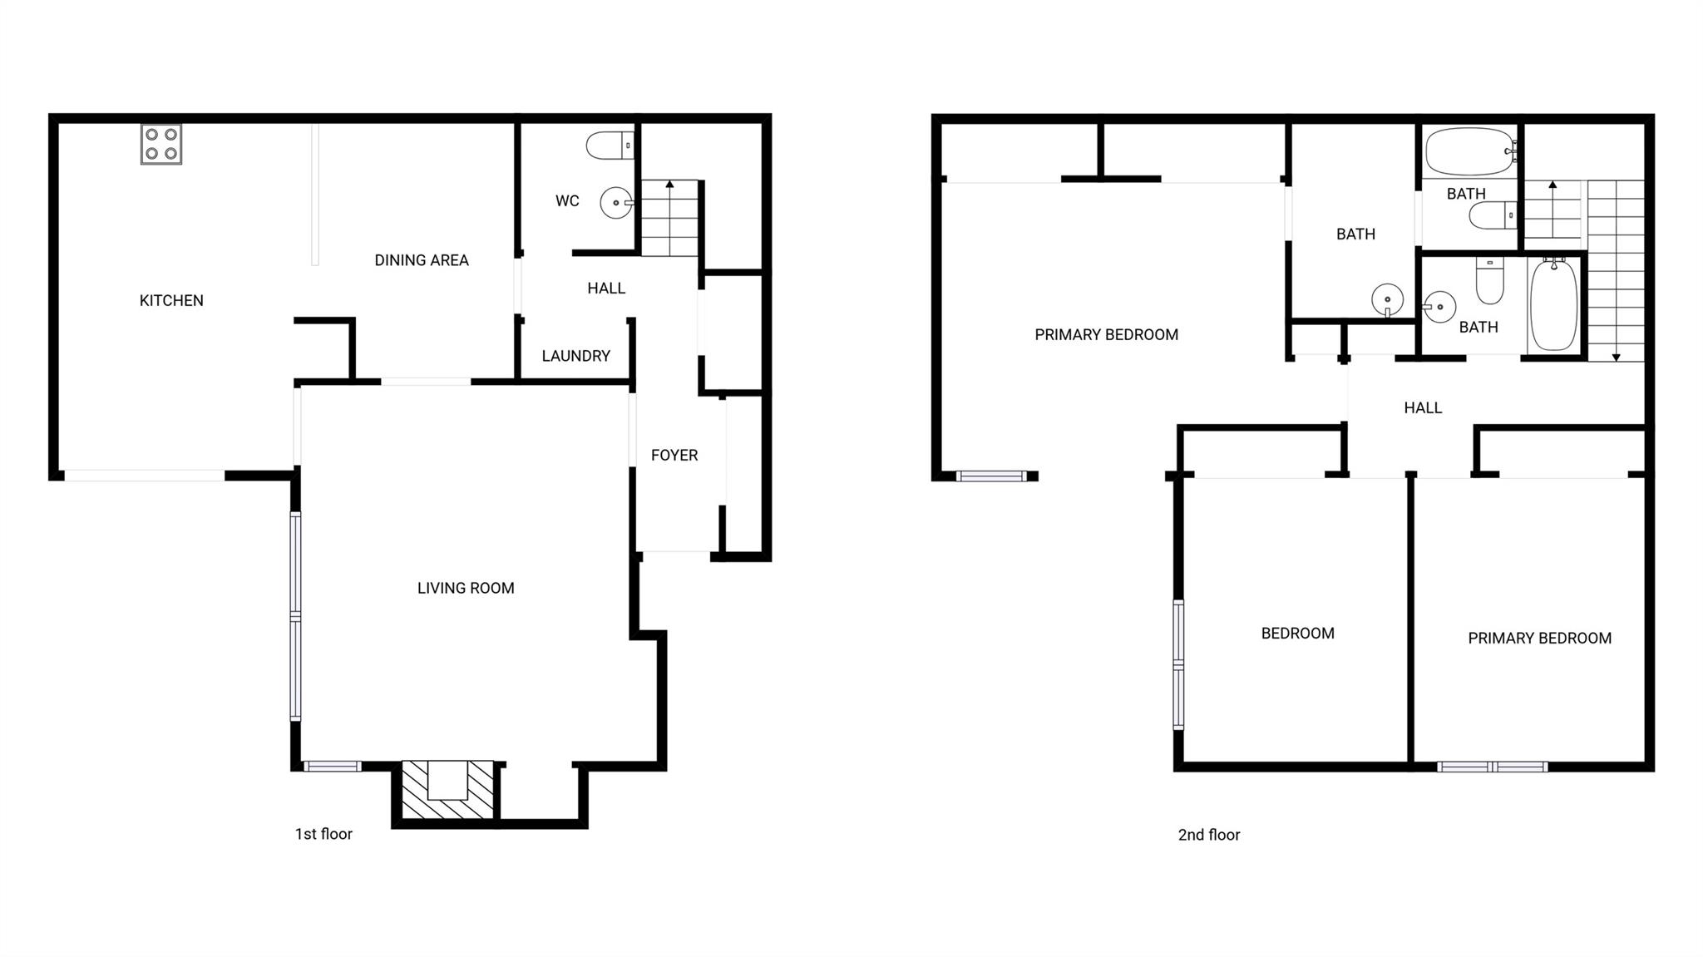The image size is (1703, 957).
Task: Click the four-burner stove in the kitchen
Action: pyautogui.click(x=161, y=144)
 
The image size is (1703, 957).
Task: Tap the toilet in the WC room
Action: pyautogui.click(x=610, y=146)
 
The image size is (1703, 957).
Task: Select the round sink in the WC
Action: pyautogui.click(x=617, y=203)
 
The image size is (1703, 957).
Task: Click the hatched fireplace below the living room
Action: pyautogui.click(x=447, y=789)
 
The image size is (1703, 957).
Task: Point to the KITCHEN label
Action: pyautogui.click(x=171, y=301)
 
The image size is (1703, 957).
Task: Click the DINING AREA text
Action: pyautogui.click(x=422, y=260)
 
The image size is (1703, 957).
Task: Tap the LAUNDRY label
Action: pyautogui.click(x=576, y=356)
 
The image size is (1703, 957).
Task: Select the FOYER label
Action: pyautogui.click(x=674, y=456)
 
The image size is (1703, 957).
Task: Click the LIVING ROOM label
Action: pyautogui.click(x=466, y=589)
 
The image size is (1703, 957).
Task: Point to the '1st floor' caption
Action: pyautogui.click(x=323, y=834)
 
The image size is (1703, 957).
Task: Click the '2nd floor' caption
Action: pyautogui.click(x=1209, y=835)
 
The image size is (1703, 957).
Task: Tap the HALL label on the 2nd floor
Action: pyautogui.click(x=1423, y=408)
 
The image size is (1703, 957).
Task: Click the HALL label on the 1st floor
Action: pyautogui.click(x=606, y=289)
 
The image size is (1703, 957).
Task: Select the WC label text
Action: pyautogui.click(x=567, y=201)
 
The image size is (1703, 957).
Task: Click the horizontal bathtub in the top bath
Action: pyautogui.click(x=1471, y=151)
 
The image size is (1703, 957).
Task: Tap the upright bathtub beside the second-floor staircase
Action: pyautogui.click(x=1553, y=305)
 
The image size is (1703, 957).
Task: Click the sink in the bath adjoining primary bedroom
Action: pyautogui.click(x=1387, y=299)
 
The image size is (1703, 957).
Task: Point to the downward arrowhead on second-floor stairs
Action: pyautogui.click(x=1616, y=358)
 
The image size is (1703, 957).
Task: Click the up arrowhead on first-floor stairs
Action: pyautogui.click(x=669, y=184)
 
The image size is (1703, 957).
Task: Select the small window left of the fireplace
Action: pyautogui.click(x=332, y=767)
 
